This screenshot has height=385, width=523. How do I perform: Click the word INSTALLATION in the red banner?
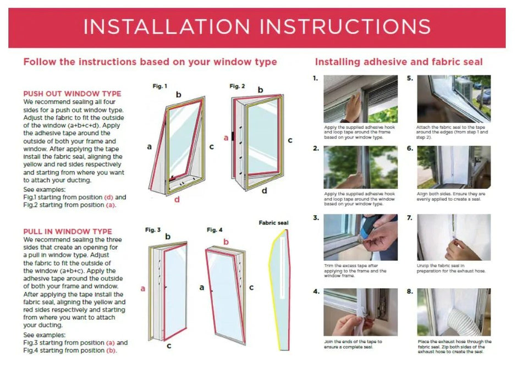tap(167, 27)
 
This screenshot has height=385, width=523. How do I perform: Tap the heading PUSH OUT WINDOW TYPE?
tap(73, 94)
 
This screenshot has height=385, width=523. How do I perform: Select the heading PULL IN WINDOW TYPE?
tap(68, 232)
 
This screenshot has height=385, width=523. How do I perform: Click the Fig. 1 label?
tap(160, 86)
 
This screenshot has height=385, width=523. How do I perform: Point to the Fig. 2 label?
tap(237, 86)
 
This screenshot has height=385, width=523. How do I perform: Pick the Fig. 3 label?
tap(153, 230)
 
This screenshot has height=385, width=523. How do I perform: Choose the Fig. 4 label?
tap(214, 230)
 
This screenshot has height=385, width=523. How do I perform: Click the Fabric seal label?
tap(273, 223)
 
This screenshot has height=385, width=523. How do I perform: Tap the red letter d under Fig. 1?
tap(177, 200)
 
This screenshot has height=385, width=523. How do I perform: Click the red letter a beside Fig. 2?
tap(226, 138)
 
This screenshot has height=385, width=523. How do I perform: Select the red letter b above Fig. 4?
tap(226, 241)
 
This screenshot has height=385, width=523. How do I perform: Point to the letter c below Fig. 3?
tap(169, 346)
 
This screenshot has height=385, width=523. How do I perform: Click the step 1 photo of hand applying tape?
tap(361, 99)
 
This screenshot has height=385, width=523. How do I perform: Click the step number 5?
tap(410, 79)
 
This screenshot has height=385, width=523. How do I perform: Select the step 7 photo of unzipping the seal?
tap(454, 237)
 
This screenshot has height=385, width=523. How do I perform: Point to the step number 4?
tap(316, 291)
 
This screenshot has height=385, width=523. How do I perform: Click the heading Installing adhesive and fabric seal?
tap(399, 62)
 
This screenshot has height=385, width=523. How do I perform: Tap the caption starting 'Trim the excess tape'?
tap(355, 271)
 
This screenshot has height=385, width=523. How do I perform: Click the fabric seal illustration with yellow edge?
tap(279, 290)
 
